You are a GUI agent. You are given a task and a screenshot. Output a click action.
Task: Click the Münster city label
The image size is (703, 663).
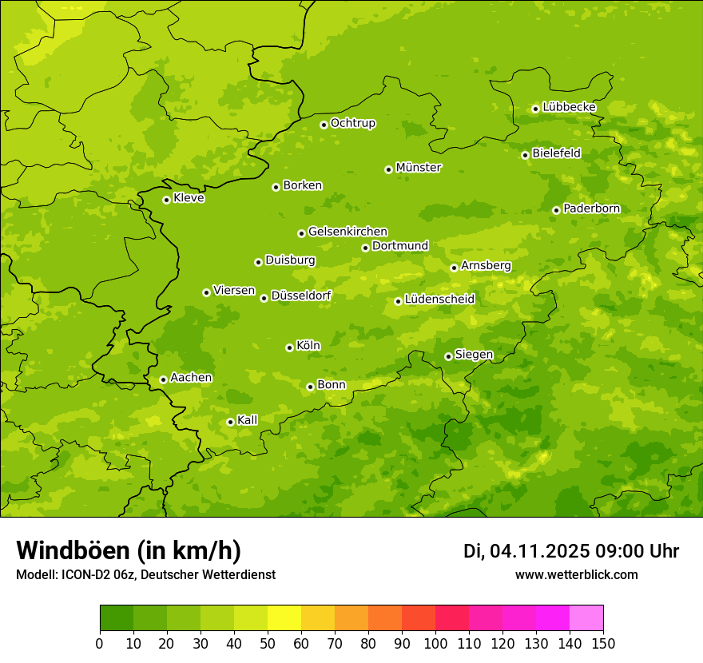tap(418, 168)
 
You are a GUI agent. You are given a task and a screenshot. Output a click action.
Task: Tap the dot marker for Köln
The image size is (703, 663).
tap(289, 347)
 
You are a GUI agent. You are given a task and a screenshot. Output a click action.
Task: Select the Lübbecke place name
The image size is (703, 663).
tap(569, 107)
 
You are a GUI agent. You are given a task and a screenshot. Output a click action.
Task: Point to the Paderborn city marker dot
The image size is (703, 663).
tap(556, 210)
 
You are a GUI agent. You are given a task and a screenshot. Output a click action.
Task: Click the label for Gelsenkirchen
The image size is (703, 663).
tap(348, 232)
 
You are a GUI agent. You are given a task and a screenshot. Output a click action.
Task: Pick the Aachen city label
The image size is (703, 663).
tap(191, 378)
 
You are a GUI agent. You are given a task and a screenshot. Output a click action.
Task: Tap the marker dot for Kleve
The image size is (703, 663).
tap(166, 200)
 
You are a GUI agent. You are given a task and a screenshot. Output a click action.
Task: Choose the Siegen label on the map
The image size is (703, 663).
tap(474, 355)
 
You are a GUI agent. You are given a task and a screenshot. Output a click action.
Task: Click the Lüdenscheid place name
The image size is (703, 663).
tap(439, 300)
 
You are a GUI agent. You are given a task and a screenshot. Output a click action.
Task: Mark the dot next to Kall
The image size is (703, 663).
tap(230, 422)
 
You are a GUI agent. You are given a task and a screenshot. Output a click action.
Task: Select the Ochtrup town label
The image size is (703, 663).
tap(352, 123)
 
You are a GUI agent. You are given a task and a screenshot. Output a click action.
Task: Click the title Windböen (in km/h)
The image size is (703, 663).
tap(129, 550)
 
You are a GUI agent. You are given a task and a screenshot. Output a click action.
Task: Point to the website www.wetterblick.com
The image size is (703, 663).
tap(576, 574)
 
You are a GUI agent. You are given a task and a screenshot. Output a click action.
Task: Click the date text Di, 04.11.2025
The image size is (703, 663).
tap(526, 551)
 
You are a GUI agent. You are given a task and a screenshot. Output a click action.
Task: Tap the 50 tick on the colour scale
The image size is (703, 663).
tap(268, 643)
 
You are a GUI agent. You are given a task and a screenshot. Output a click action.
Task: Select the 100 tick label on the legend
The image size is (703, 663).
tap(435, 643)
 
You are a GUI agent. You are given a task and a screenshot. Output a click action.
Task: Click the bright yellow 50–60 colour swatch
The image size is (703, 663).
tap(284, 618)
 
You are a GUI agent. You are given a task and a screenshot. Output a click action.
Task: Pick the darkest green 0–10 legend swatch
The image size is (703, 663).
tap(117, 618)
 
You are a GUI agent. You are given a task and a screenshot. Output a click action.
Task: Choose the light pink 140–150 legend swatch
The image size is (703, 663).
tap(586, 618)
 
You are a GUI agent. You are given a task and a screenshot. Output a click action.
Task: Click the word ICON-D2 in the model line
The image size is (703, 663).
tap(83, 574)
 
